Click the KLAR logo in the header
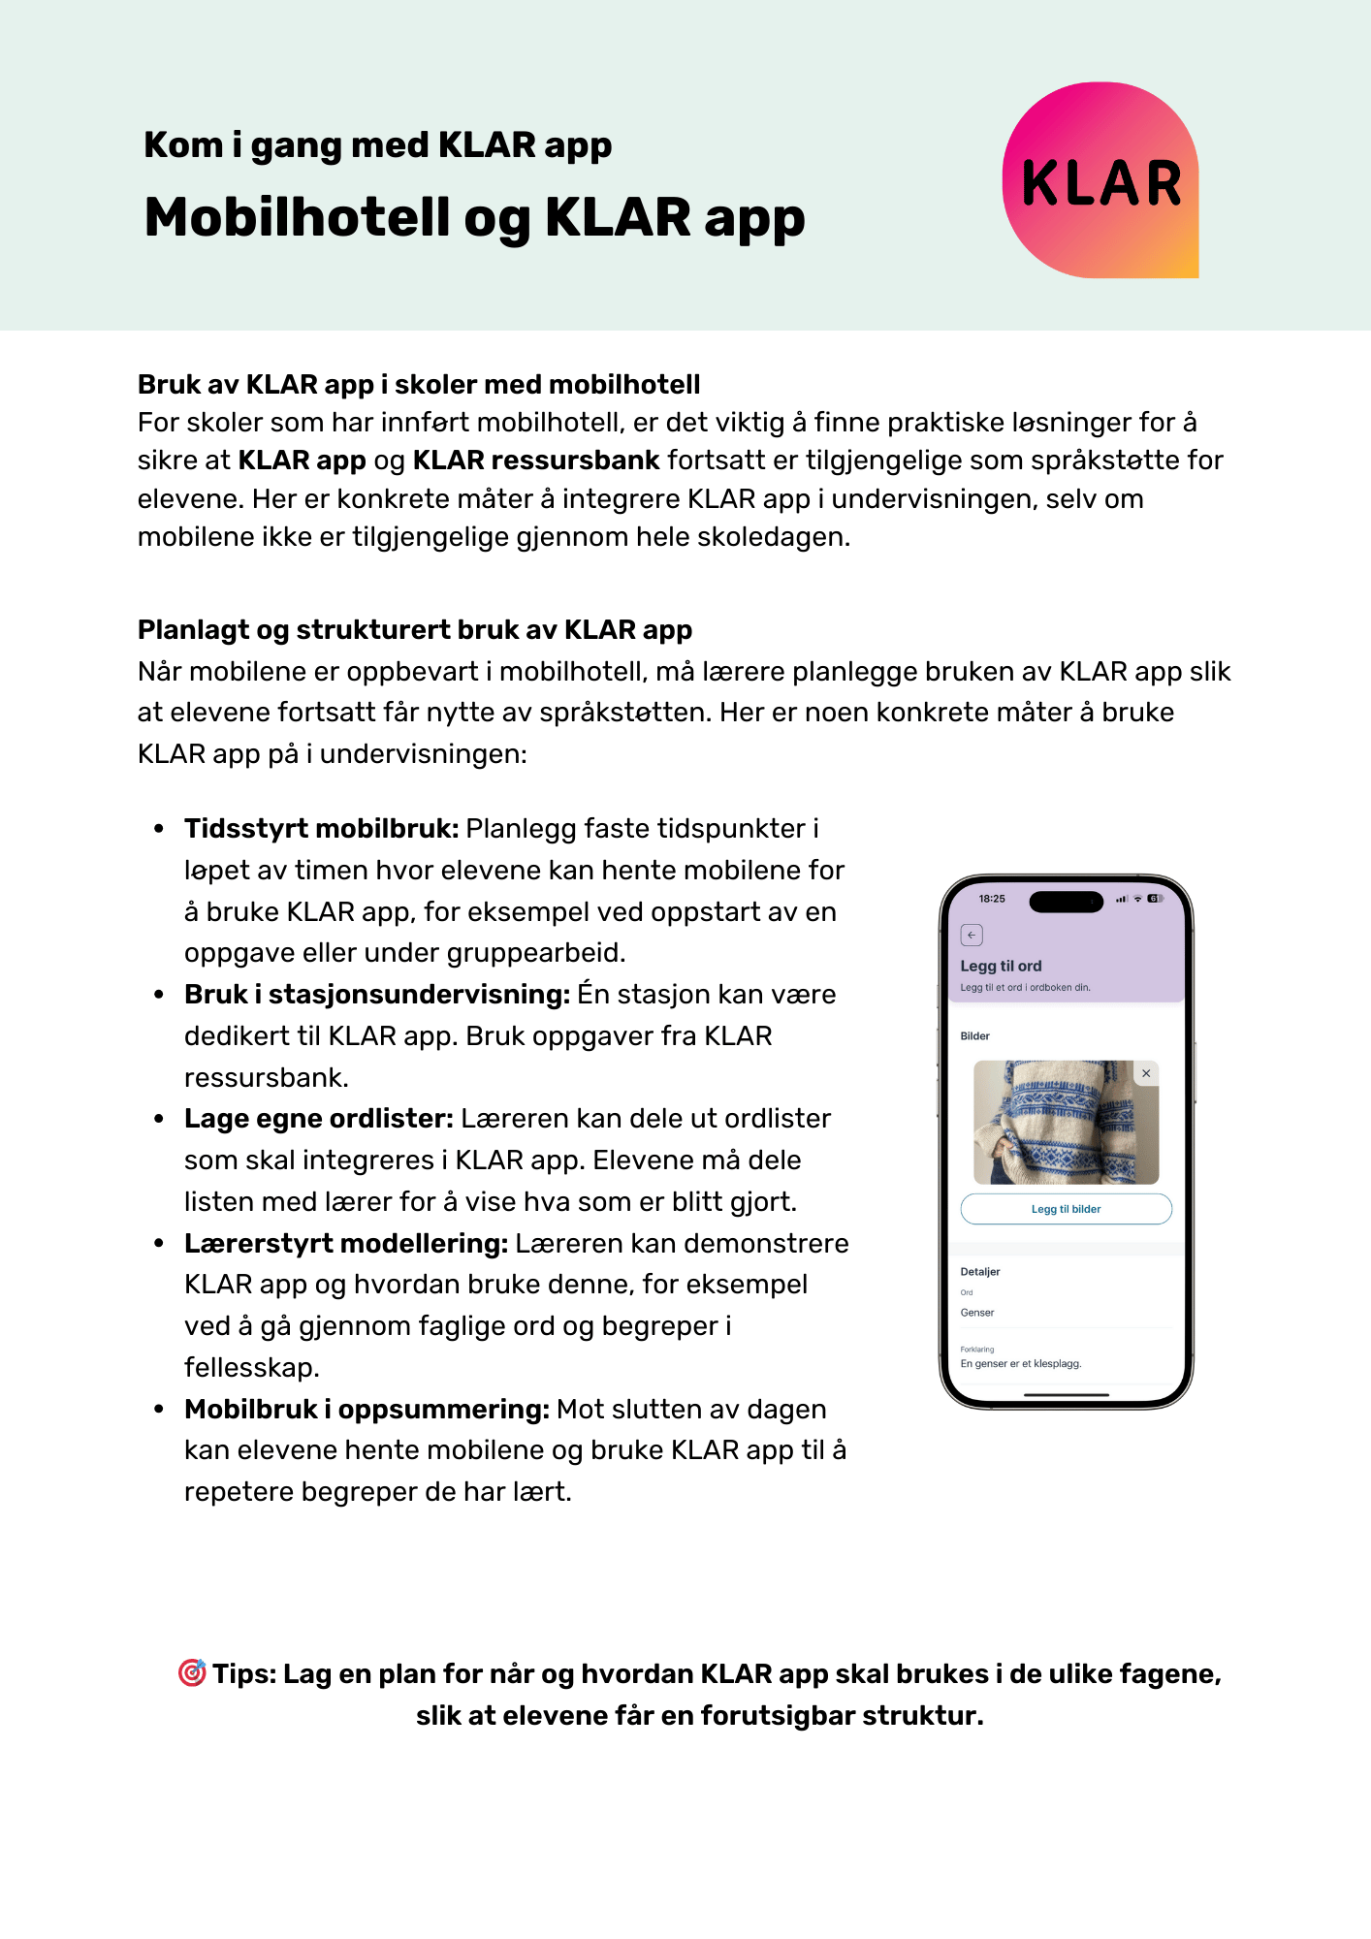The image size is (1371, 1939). click(x=1100, y=180)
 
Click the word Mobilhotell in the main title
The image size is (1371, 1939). click(x=297, y=217)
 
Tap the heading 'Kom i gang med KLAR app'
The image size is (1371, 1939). click(x=377, y=145)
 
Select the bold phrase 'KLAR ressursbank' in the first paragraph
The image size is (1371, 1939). click(x=535, y=461)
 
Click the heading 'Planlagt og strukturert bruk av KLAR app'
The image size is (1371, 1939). click(x=414, y=630)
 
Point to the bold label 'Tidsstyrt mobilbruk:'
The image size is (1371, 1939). click(x=321, y=829)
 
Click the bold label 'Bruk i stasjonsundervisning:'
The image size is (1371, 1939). click(x=376, y=995)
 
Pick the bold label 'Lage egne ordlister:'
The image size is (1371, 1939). click(x=318, y=1119)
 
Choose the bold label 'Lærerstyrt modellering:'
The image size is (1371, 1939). click(x=345, y=1244)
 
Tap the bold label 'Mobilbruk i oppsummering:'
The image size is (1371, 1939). click(x=367, y=1410)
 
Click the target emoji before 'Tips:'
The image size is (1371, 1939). click(x=192, y=1673)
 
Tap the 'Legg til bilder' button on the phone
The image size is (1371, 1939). click(x=1066, y=1209)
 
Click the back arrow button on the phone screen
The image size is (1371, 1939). click(x=972, y=935)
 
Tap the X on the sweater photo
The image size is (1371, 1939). click(x=1146, y=1073)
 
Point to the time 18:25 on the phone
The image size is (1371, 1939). click(x=992, y=899)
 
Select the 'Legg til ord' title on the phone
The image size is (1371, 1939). click(x=1001, y=966)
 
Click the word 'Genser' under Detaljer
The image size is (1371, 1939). click(x=977, y=1313)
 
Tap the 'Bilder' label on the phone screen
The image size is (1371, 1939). click(x=974, y=1036)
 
